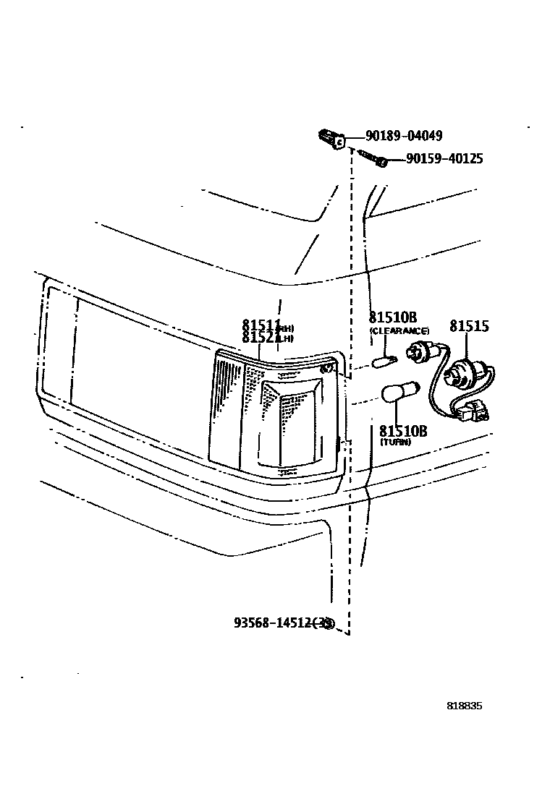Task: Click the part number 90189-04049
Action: click(x=404, y=136)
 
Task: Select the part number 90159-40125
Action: click(x=444, y=159)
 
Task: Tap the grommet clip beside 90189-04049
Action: click(x=331, y=137)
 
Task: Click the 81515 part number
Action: click(x=469, y=326)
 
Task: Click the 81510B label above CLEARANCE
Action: click(x=393, y=318)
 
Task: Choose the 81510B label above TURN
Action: click(x=403, y=431)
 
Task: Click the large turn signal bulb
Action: click(x=400, y=395)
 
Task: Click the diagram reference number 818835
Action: click(x=464, y=706)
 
